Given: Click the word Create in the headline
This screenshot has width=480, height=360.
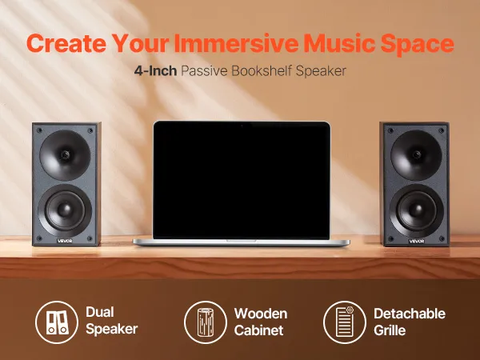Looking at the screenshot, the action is (66, 43).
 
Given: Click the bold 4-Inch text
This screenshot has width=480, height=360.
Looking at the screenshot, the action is (155, 70).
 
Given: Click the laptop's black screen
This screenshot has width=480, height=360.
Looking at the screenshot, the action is (242, 180).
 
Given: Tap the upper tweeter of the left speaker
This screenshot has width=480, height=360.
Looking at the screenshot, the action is (66, 155).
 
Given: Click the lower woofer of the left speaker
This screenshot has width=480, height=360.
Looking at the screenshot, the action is (65, 210).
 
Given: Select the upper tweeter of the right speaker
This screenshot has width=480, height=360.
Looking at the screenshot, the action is (416, 155).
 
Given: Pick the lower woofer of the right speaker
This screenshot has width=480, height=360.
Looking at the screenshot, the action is (416, 210).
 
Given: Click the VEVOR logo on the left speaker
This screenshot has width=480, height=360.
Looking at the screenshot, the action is (65, 241).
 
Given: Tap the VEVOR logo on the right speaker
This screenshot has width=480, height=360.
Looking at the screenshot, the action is (417, 242).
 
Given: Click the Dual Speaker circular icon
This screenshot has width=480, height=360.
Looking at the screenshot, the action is (57, 322).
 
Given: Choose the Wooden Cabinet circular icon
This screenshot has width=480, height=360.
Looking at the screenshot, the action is (206, 322).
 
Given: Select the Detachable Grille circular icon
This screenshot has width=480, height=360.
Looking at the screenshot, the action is (345, 322).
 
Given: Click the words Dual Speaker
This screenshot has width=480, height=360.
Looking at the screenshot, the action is (112, 321).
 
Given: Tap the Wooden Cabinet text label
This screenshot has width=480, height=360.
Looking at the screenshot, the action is (261, 322).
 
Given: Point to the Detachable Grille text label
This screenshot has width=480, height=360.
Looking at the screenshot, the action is (410, 322).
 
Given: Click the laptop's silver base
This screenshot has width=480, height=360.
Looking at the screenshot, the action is (242, 242).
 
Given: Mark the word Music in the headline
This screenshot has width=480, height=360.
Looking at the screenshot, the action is (339, 43).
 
